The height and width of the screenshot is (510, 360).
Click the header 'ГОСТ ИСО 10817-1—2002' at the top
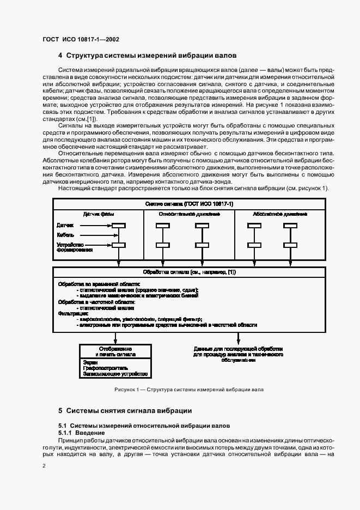coord(81,39)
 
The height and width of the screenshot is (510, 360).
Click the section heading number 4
coord(60,56)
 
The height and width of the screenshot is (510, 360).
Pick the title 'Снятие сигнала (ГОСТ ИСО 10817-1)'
coord(189,203)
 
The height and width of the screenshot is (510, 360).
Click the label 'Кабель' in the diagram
coord(65,235)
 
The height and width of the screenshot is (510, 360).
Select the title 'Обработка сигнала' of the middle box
coord(189,271)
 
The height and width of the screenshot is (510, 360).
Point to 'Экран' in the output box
coord(90,361)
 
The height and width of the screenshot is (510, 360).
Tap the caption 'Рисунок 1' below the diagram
coord(129,390)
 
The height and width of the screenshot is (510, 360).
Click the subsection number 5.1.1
coord(65,432)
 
